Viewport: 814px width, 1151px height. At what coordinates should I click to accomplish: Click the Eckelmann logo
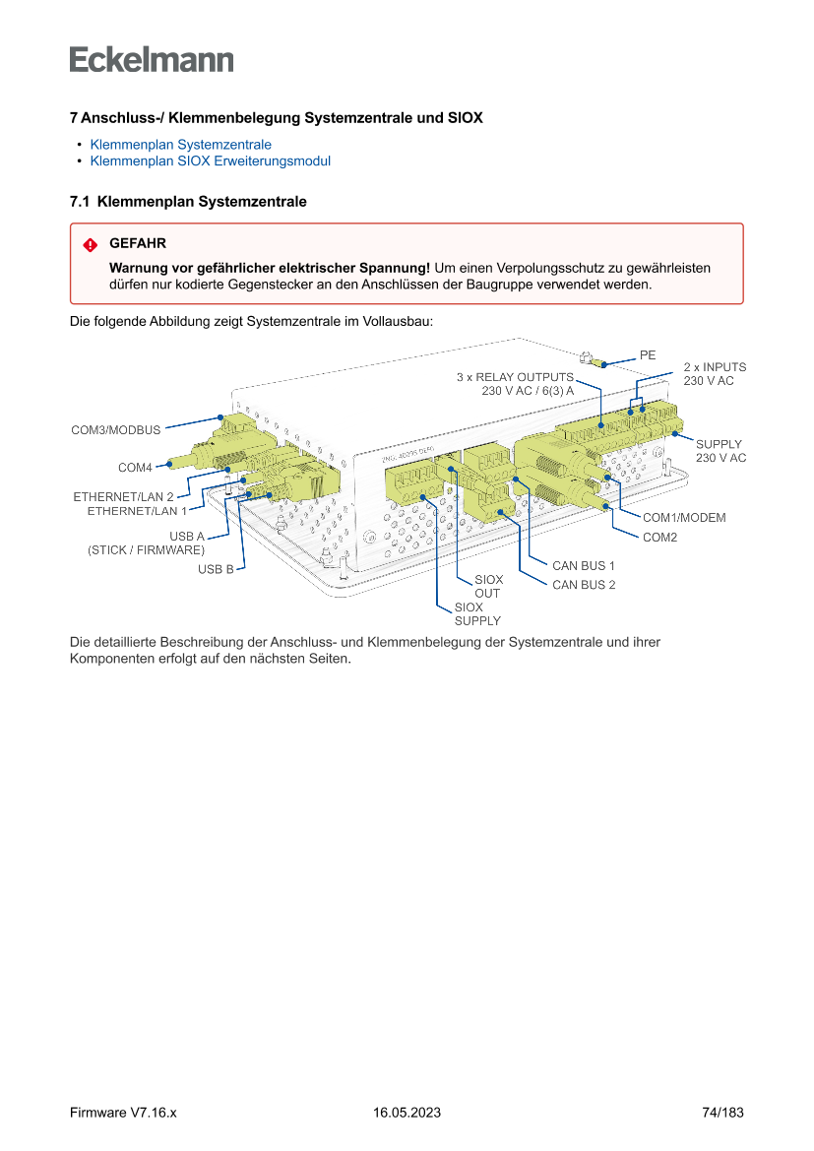152,59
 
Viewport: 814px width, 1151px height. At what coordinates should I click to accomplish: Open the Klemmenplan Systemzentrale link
180,145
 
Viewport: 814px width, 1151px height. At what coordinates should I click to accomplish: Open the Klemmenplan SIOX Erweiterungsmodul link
210,161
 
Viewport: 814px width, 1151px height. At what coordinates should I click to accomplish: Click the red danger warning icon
90,244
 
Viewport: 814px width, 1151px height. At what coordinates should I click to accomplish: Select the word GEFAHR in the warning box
138,243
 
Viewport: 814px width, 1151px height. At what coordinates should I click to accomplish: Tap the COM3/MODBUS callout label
115,430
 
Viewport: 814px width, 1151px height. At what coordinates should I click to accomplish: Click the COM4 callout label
135,467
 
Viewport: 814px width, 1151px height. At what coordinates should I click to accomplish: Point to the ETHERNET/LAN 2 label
123,497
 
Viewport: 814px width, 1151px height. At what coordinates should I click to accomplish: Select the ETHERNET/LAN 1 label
137,511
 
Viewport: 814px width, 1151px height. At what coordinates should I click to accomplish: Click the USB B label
216,569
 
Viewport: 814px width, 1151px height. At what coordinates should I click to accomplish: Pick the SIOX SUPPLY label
477,614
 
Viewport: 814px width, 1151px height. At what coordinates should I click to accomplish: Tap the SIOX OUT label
488,587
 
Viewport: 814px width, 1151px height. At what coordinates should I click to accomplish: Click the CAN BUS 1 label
584,566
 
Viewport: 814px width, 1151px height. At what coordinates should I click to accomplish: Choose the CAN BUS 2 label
584,585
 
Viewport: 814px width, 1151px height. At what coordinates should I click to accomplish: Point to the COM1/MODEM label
684,518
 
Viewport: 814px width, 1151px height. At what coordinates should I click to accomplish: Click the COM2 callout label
659,538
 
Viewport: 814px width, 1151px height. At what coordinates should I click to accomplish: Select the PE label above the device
647,354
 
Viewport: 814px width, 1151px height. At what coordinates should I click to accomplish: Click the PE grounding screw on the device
594,362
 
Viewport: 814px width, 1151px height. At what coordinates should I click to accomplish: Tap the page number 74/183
722,1113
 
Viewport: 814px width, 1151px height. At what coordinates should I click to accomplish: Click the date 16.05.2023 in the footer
407,1113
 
